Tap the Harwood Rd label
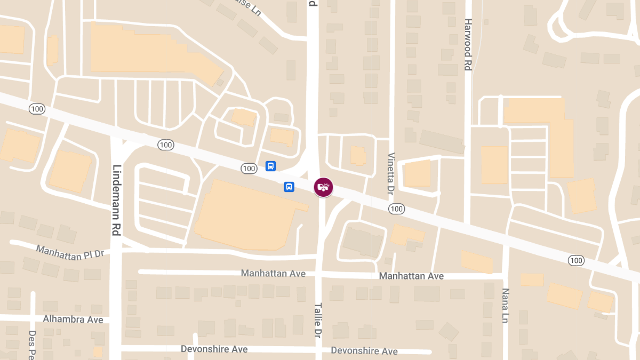[468, 45]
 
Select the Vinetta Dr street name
[391, 173]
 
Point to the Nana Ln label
[505, 306]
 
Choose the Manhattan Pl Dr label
[70, 251]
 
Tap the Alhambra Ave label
[73, 319]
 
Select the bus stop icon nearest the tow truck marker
[289, 187]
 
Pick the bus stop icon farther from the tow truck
[271, 166]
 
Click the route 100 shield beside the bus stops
[249, 169]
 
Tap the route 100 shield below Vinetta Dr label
[396, 209]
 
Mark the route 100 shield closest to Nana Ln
[576, 260]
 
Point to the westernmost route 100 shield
[37, 109]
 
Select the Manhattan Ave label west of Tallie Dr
[273, 274]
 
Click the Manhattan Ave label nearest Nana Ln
[411, 276]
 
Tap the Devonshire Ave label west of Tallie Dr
[214, 349]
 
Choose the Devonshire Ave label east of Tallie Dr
[364, 351]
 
